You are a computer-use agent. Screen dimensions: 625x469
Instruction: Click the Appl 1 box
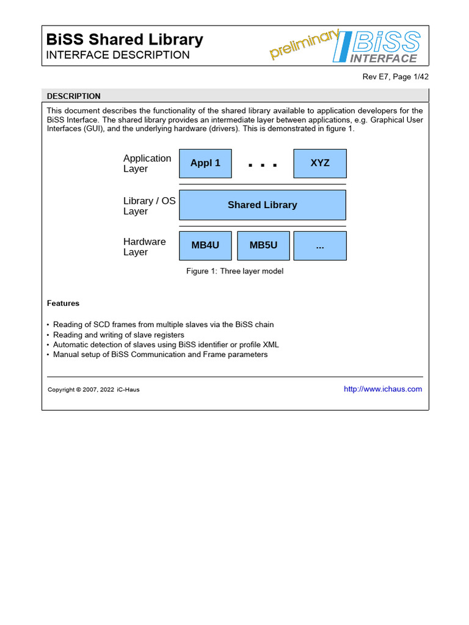(x=205, y=164)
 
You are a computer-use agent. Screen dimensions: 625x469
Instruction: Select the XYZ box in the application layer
(x=320, y=164)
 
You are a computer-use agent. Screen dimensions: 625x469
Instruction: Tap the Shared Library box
(x=262, y=205)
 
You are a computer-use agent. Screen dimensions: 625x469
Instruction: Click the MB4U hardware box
(x=205, y=245)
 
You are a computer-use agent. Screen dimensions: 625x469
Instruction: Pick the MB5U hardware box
(x=263, y=245)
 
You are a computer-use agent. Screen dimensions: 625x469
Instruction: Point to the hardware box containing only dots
(x=320, y=245)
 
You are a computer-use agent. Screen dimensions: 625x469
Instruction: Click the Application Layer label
(x=147, y=164)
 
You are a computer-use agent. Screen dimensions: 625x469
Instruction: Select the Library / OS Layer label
(x=149, y=206)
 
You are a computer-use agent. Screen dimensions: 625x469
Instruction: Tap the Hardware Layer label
(x=144, y=247)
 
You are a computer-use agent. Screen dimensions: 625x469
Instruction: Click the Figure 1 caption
(x=234, y=271)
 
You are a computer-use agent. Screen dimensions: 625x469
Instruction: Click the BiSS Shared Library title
(x=125, y=40)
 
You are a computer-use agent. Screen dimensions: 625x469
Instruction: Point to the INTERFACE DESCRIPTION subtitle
(x=118, y=55)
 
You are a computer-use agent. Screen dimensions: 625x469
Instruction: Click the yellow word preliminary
(x=304, y=45)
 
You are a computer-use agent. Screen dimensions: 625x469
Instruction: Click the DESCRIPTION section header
(x=74, y=96)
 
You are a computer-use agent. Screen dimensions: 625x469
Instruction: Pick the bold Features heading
(x=63, y=303)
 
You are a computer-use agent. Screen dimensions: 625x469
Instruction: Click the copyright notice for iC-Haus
(x=93, y=389)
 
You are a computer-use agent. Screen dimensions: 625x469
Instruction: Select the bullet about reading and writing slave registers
(x=118, y=334)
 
